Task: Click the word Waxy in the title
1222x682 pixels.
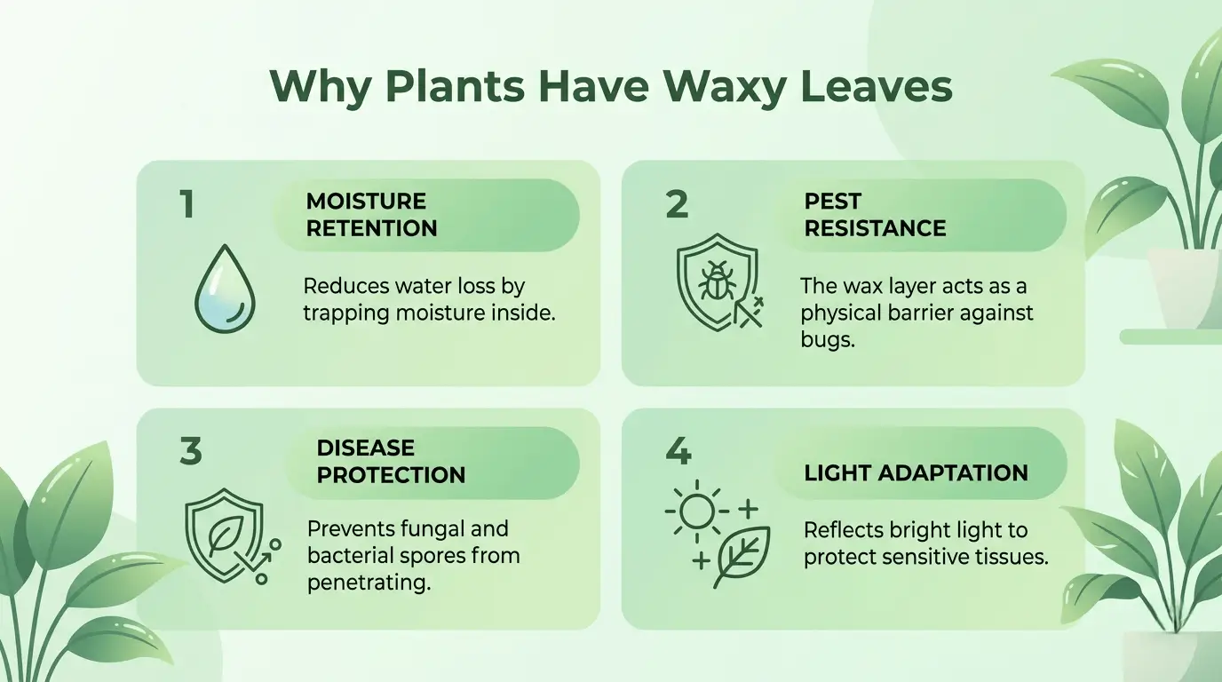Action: pos(720,87)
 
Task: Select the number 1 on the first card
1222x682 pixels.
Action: pos(186,204)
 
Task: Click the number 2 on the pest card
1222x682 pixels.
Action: pos(677,204)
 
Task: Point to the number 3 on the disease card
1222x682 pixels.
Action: pos(190,451)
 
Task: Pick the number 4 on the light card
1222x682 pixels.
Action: pos(678,451)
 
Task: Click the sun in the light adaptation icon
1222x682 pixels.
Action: pos(696,511)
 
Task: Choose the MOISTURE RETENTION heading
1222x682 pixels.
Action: pos(371,215)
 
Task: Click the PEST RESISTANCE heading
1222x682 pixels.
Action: pos(875,215)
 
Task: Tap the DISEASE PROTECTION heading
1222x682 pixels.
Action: pos(391,462)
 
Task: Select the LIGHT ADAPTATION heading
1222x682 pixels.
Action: pos(916,472)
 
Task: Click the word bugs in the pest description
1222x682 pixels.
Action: pos(827,339)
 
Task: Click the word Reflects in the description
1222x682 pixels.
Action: pos(839,530)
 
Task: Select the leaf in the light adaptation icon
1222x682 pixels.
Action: pos(742,555)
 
